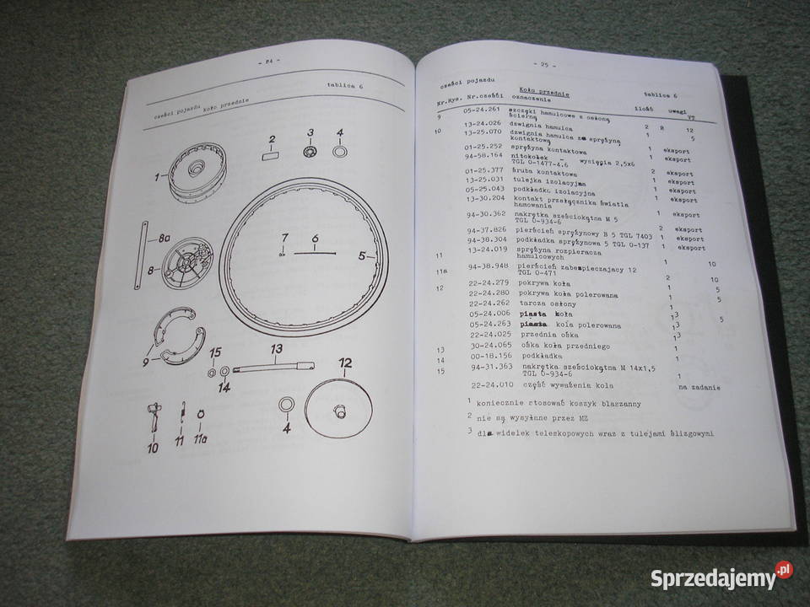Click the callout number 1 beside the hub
[157, 177]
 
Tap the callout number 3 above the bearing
[310, 133]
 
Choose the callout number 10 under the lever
[152, 449]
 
